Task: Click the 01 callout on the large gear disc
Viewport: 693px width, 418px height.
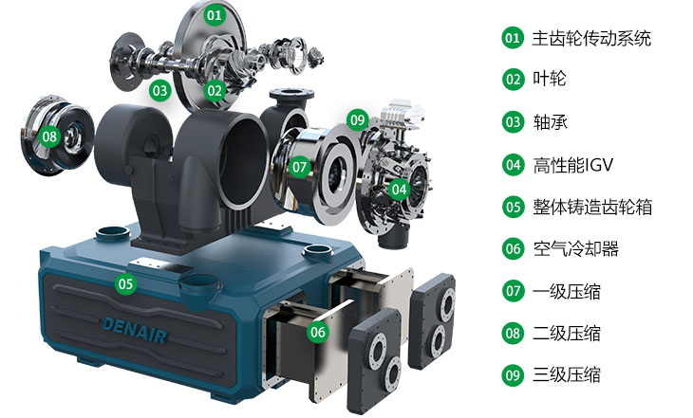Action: coord(215,15)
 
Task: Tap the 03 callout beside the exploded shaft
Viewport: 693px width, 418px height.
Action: coord(159,90)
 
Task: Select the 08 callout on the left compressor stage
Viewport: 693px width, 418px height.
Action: coord(50,136)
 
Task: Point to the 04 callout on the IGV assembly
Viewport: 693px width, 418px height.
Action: coord(399,190)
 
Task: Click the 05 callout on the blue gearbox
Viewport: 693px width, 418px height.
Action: coord(125,283)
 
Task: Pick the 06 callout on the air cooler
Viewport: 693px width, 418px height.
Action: coord(318,332)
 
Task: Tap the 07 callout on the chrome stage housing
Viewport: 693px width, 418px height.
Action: coord(300,167)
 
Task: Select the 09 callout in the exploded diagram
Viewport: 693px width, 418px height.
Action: coord(358,119)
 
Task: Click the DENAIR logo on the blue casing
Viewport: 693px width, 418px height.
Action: coord(135,330)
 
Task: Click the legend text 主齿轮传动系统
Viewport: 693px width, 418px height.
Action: coord(591,38)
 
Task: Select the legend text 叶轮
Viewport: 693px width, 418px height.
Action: coord(550,79)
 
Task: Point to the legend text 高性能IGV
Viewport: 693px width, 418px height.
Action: coord(572,166)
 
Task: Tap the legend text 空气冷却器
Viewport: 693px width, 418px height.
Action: coord(575,249)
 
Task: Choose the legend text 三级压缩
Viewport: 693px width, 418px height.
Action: coord(566,374)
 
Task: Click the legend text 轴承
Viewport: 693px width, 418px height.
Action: coord(550,122)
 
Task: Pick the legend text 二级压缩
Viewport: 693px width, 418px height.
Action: coord(566,333)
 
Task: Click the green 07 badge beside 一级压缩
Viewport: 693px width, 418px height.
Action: coord(514,291)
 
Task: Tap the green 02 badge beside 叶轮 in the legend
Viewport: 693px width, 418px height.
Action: coord(514,80)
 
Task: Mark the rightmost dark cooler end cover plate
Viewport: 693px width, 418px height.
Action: coord(432,321)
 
